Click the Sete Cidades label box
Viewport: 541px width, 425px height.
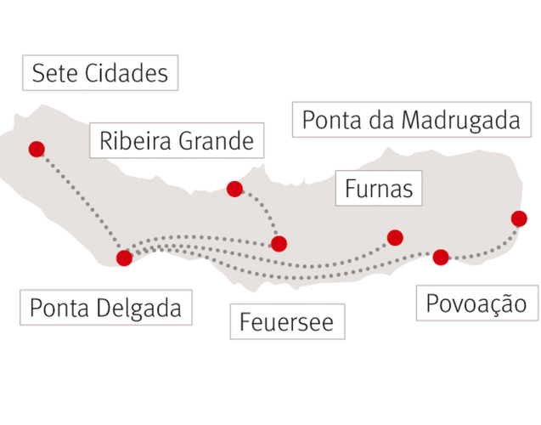pos(100,73)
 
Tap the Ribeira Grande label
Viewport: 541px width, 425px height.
pos(177,140)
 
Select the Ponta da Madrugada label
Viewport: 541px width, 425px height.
pos(412,120)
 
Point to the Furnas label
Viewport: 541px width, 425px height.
pos(379,188)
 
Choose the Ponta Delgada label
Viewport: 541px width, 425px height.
pos(106,307)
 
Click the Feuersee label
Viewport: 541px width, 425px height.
pos(287,321)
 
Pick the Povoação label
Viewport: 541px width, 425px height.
pos(477,303)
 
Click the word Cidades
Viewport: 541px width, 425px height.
pos(127,73)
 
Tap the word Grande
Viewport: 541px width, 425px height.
pos(217,141)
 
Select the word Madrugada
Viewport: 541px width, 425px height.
pos(461,120)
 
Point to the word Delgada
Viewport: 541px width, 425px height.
pos(139,308)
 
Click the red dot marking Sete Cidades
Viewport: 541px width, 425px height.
pos(37,149)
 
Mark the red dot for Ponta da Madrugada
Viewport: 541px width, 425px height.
pos(519,218)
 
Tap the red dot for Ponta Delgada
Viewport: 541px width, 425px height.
pos(124,258)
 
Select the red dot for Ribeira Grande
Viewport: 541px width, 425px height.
pos(234,189)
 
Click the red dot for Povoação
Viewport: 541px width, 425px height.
pos(441,258)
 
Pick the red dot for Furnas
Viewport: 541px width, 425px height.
pos(395,237)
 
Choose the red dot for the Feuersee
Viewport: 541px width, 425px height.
pos(279,244)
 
